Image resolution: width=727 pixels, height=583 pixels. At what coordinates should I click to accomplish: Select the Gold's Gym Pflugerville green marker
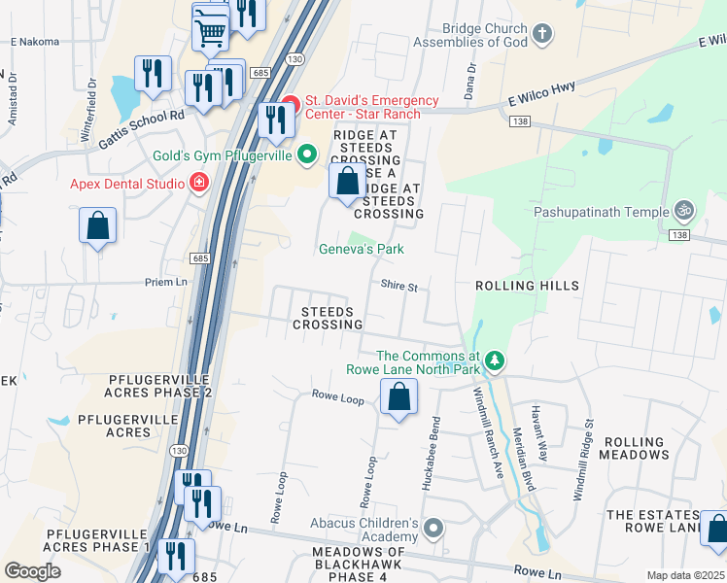point(308,154)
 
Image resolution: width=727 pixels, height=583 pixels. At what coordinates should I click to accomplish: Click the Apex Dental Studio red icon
point(199,182)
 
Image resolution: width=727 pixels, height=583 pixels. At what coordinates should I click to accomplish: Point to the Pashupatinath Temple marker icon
point(683,211)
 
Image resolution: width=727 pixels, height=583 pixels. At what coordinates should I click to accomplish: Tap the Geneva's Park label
point(362,250)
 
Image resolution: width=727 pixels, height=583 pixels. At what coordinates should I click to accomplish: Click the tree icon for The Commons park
point(496,361)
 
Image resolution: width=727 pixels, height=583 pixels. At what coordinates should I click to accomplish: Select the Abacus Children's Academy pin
point(433,530)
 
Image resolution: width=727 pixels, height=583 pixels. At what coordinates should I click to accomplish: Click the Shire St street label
point(398,288)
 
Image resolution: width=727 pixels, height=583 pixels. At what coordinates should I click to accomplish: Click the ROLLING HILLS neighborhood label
point(527,287)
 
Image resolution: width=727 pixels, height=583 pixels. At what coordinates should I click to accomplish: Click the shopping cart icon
point(210,32)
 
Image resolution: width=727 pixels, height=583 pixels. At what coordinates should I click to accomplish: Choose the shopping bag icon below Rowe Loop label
point(398,396)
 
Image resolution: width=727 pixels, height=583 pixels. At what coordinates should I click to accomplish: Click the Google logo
point(32,571)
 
